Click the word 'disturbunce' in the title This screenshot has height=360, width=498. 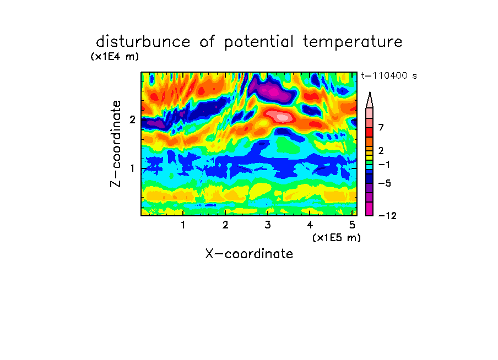tap(143, 42)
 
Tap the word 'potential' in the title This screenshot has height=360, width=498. tap(259, 42)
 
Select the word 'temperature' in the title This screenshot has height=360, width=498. tap(353, 42)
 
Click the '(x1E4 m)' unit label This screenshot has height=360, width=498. tap(115, 57)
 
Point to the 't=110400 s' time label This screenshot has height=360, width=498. tap(389, 75)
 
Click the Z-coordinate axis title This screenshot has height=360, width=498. tap(116, 144)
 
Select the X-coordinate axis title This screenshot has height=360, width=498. tap(249, 254)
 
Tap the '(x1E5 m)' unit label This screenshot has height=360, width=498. tap(337, 237)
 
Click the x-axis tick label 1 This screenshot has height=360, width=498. tap(183, 225)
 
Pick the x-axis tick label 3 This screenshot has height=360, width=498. tap(267, 225)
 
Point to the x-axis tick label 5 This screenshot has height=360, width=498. tap(352, 225)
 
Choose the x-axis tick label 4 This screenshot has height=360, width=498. tap(310, 225)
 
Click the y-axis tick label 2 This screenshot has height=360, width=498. tap(132, 119)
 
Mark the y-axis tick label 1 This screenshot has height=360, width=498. tap(132, 168)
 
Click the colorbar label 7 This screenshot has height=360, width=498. tap(381, 127)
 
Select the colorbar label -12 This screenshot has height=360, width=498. tap(387, 216)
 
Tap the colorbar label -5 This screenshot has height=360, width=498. tap(385, 183)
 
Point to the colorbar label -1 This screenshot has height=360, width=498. tap(384, 165)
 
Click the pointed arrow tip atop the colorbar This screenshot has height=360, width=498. tap(370, 92)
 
